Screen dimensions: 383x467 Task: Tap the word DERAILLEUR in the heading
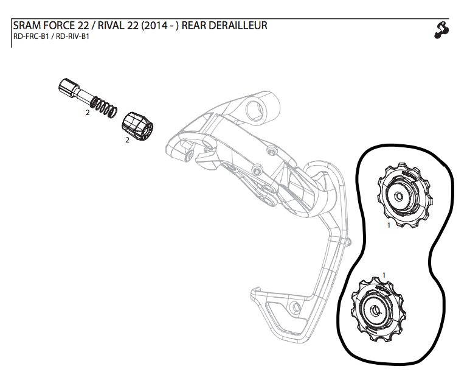(x=237, y=26)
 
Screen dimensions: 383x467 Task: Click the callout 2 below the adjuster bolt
(x=88, y=113)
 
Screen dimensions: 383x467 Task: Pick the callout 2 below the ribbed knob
(x=126, y=140)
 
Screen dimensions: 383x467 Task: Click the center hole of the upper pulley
(x=399, y=196)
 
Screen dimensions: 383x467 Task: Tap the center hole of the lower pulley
(x=374, y=310)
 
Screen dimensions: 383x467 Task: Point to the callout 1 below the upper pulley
(x=388, y=225)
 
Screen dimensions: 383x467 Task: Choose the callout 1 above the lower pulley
(x=384, y=275)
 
